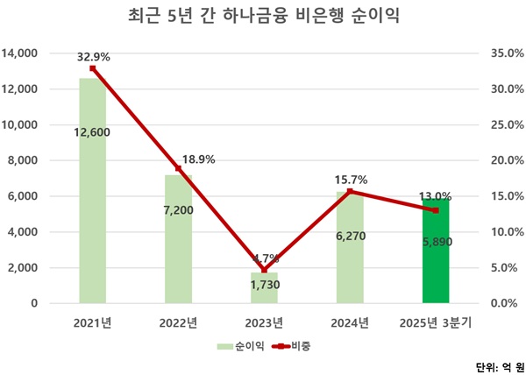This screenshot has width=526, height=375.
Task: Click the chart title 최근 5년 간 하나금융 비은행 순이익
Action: pos(263,17)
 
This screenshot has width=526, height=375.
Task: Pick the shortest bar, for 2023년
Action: pos(264,289)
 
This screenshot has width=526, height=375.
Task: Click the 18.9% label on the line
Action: pos(197,159)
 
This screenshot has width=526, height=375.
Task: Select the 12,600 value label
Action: pos(92,133)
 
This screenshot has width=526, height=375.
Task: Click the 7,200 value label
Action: pos(178,213)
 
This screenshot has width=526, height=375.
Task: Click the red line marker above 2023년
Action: pos(264,270)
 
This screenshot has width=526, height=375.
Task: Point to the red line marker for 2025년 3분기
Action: pos(436,210)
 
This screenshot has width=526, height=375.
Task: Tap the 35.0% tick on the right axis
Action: pos(504,53)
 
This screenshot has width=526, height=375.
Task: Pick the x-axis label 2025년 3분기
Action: pos(436,324)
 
